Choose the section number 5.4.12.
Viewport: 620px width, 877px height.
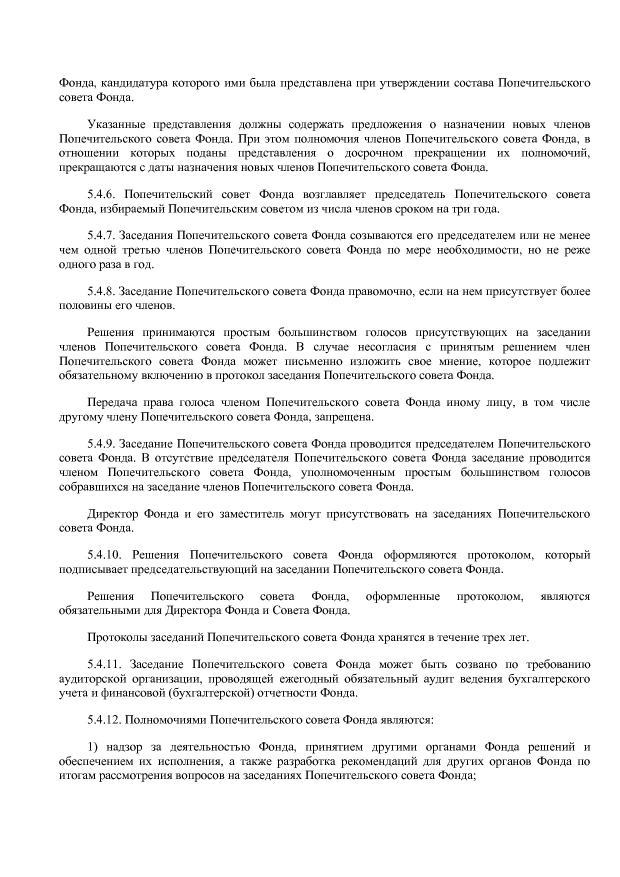click(105, 720)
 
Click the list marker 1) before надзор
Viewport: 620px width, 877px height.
click(92, 747)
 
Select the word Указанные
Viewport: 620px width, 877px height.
click(116, 124)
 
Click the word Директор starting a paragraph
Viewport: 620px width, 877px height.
click(112, 514)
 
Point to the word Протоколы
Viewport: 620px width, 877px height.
click(116, 637)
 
